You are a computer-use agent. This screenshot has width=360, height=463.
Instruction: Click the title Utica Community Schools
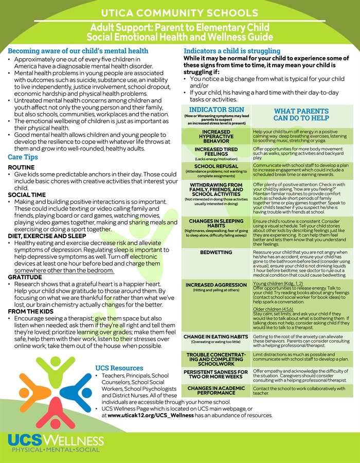pyautogui.click(x=179, y=12)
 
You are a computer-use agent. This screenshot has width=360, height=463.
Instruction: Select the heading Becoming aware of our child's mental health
pyautogui.click(x=78, y=51)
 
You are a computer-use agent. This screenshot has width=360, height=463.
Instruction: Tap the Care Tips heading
pyautogui.click(x=23, y=157)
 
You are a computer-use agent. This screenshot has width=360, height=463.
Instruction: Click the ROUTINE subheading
pyautogui.click(x=22, y=168)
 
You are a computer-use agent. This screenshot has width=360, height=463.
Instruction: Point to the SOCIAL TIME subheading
pyautogui.click(x=27, y=195)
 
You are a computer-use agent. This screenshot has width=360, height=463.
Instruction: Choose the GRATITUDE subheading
pyautogui.click(x=25, y=277)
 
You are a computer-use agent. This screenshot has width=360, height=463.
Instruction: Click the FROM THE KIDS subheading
pyautogui.click(x=31, y=312)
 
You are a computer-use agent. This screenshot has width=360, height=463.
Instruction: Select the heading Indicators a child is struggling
pyautogui.click(x=239, y=51)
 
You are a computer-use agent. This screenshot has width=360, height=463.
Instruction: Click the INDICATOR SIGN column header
pyautogui.click(x=217, y=110)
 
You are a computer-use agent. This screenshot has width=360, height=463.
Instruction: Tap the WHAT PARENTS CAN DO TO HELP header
pyautogui.click(x=301, y=115)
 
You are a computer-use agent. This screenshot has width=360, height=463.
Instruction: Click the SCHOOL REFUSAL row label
pyautogui.click(x=216, y=167)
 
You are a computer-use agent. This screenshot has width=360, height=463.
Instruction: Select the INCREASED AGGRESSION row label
pyautogui.click(x=216, y=284)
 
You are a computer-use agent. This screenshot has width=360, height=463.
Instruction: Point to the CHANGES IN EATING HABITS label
pyautogui.click(x=216, y=337)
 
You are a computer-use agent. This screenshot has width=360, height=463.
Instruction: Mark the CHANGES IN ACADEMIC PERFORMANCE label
pyautogui.click(x=216, y=390)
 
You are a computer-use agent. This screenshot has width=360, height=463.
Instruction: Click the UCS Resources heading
pyautogui.click(x=119, y=368)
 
